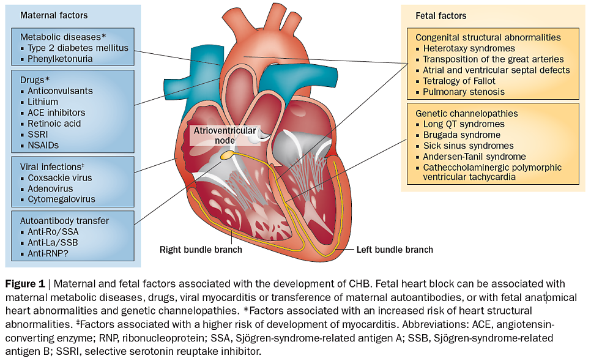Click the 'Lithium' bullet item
[x=43, y=102]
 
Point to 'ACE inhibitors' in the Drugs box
[x=56, y=113]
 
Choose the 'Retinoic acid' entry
[x=54, y=124]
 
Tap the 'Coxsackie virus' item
[x=60, y=177]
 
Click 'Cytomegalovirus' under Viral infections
[x=61, y=199]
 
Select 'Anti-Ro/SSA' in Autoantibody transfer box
[x=53, y=232]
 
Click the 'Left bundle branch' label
[x=395, y=250]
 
